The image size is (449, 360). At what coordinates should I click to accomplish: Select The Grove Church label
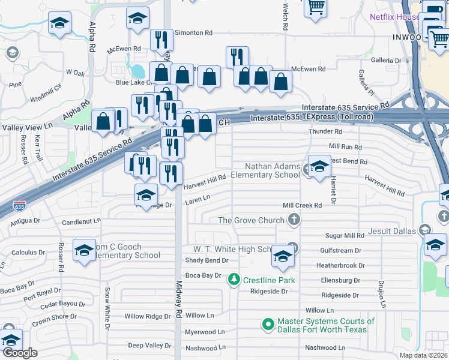250,220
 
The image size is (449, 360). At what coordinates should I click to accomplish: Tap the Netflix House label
394,17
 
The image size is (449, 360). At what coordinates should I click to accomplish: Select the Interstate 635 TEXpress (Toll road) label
312,118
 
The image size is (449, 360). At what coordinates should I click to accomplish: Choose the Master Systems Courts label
325,325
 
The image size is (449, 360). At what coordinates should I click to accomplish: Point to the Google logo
19,353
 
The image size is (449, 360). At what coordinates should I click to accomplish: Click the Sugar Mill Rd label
345,236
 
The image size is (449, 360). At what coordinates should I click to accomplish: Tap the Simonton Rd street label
194,34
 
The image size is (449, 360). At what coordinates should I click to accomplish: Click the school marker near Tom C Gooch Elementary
84,251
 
